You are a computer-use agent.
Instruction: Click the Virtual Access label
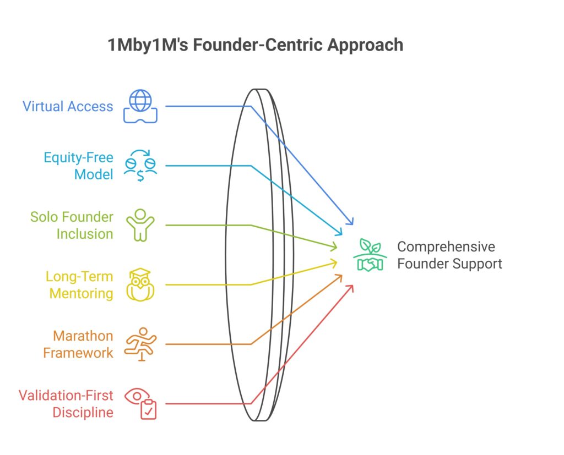point(68,106)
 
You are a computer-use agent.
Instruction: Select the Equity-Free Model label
point(79,166)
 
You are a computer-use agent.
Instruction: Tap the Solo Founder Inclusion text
point(72,225)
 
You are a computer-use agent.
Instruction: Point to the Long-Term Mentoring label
point(79,284)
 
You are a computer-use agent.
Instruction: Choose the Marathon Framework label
point(78,344)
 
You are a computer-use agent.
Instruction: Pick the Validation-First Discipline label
point(66,403)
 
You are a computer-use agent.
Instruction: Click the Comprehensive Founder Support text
point(449,255)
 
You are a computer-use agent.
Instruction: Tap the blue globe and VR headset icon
point(140,106)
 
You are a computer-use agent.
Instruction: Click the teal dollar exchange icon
point(140,166)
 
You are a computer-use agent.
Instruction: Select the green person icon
point(140,224)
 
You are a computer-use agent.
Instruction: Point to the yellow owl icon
point(140,284)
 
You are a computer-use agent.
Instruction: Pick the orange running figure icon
point(140,344)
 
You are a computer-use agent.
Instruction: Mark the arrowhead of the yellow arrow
point(334,262)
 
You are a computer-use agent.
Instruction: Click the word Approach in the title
point(365,45)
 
